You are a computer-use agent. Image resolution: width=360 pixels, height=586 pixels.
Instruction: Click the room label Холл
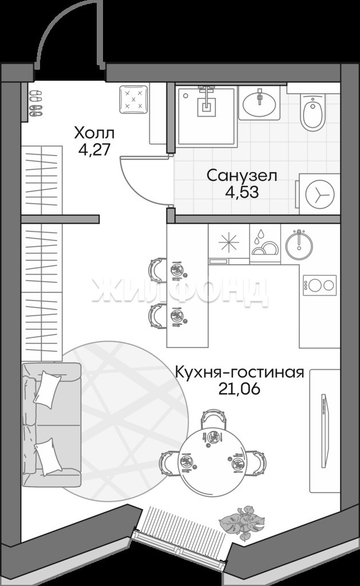pos(94,133)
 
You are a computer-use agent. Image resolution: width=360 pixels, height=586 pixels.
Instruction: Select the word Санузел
pos(242,176)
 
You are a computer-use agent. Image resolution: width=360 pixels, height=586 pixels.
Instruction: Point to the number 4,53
pos(242,192)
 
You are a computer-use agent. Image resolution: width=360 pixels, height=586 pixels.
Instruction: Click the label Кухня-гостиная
pos(240,373)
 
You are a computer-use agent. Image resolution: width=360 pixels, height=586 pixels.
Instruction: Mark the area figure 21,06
pos(239,389)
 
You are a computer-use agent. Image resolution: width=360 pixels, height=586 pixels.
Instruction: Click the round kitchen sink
pos(299,245)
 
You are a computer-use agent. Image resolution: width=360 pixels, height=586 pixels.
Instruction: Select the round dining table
pos(213,462)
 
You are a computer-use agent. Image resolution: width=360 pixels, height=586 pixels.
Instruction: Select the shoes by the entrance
pos(35,103)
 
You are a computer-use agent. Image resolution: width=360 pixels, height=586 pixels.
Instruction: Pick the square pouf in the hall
pos(133,100)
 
